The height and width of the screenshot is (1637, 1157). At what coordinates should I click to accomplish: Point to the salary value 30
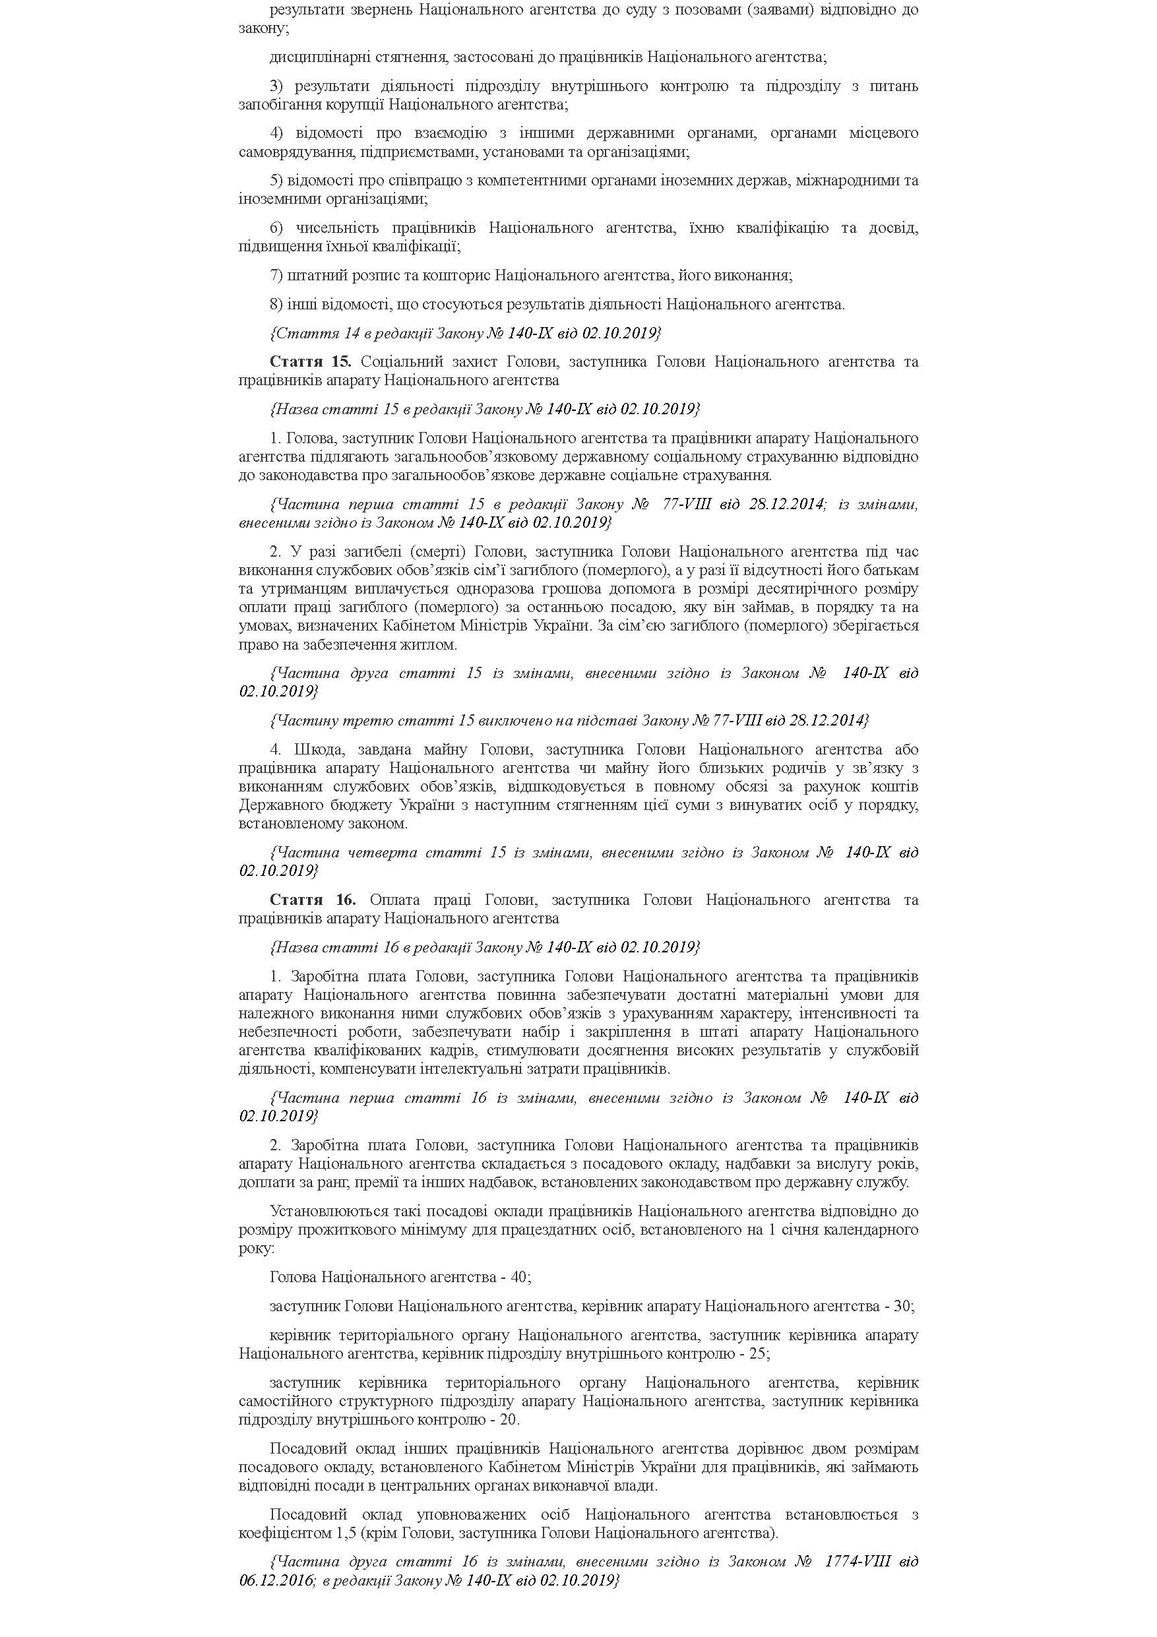(x=902, y=1306)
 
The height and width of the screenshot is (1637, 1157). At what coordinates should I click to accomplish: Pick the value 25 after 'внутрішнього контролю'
(x=758, y=1353)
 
